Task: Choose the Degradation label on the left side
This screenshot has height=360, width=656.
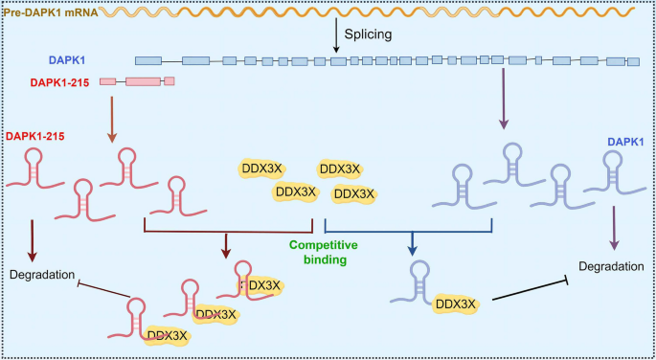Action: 40,276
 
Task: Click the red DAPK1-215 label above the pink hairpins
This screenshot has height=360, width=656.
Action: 39,136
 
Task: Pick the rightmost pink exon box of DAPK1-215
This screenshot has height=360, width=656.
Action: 170,81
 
